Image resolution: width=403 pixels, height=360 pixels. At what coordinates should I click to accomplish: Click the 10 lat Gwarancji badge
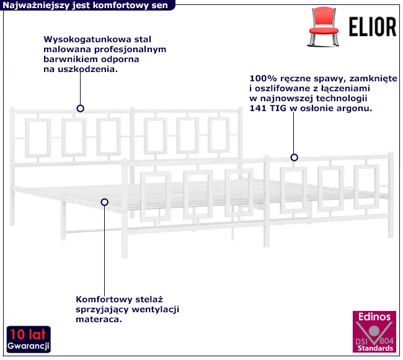(29, 338)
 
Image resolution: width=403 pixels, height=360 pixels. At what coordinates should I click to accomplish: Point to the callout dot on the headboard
(80, 108)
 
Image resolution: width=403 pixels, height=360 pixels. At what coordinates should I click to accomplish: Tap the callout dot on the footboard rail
(294, 158)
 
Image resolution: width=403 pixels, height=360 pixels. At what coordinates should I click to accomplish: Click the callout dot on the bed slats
(105, 202)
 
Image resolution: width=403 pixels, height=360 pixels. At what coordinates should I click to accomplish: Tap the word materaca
(97, 320)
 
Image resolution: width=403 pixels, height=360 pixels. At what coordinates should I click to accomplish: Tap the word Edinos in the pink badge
(372, 317)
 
